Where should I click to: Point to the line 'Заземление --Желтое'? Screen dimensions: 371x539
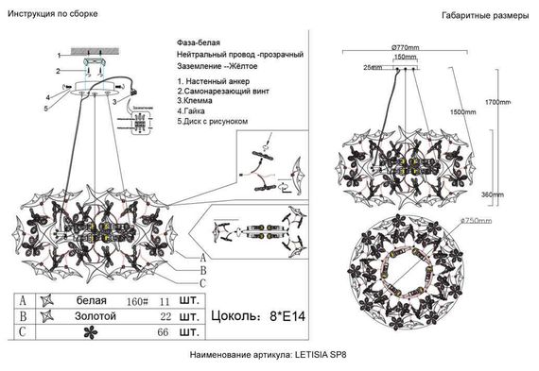218,68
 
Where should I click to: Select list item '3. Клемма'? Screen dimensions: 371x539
198,104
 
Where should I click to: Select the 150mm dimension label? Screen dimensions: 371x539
405,59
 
